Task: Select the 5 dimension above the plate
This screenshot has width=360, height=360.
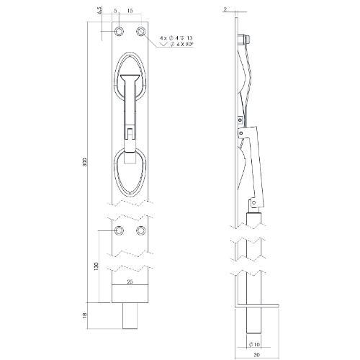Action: point(115,11)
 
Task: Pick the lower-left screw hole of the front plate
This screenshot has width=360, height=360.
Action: point(120,230)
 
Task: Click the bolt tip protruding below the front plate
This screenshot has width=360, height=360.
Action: point(130,315)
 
